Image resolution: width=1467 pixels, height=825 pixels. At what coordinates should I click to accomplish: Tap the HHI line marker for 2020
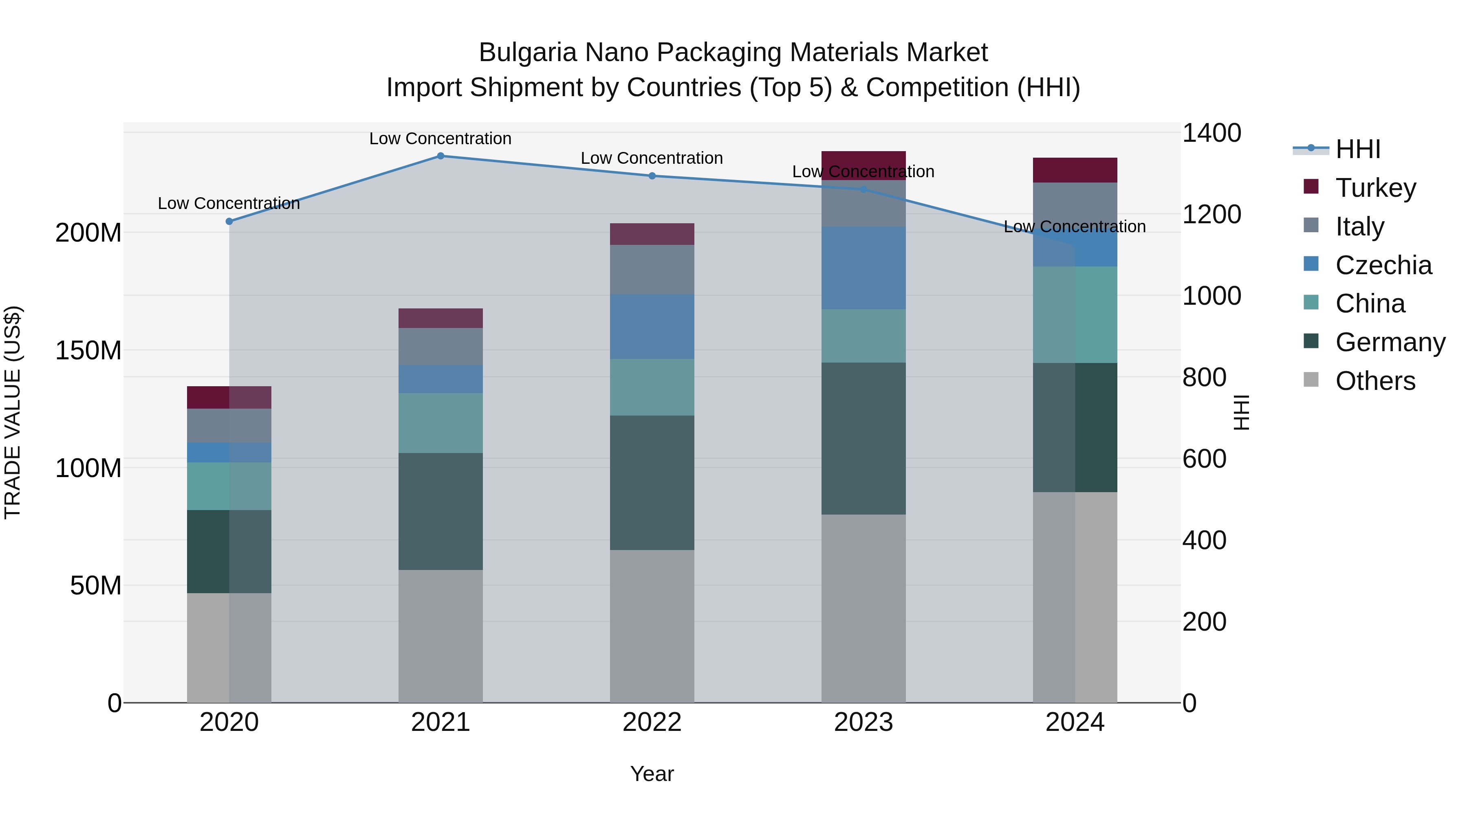pyautogui.click(x=229, y=222)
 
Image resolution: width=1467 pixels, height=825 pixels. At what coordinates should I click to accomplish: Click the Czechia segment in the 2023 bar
pyautogui.click(x=863, y=268)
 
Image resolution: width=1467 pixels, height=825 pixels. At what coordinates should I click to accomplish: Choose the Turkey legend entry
pyautogui.click(x=1375, y=188)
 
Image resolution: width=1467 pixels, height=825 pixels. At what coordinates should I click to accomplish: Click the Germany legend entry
pyautogui.click(x=1390, y=342)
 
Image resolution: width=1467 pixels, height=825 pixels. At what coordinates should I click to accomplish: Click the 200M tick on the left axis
pyautogui.click(x=88, y=233)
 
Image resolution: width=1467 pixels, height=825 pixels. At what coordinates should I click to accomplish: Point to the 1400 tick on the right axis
pyautogui.click(x=1211, y=133)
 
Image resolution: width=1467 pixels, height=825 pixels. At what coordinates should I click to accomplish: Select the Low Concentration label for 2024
pyautogui.click(x=1074, y=227)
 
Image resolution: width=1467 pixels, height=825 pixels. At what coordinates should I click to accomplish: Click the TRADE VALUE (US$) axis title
pyautogui.click(x=13, y=412)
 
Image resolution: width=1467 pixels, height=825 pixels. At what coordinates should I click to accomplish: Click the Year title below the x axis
pyautogui.click(x=652, y=774)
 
